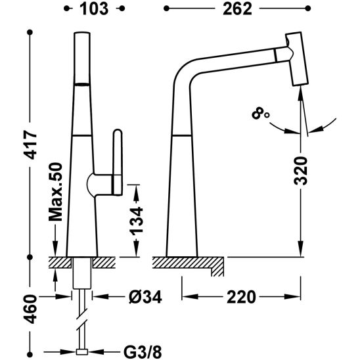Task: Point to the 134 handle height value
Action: [150, 220]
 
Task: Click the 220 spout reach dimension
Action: [240, 298]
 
